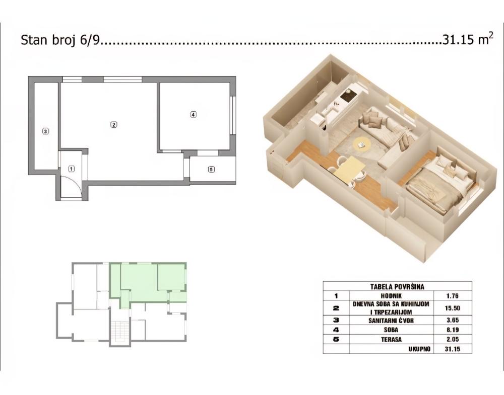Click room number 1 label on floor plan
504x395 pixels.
pos(72,169)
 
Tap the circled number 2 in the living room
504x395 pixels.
pos(113,125)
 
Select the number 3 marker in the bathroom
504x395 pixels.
pos(46,131)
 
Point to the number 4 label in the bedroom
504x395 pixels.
pos(193,114)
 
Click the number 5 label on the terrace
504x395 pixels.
pos(211,169)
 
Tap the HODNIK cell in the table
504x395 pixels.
pos(392,296)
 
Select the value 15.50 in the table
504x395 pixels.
pos(453,308)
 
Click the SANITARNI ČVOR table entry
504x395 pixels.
pos(391,320)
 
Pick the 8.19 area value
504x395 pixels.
pos(453,330)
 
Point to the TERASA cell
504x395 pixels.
pos(391,340)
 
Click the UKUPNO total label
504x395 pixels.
pos(419,349)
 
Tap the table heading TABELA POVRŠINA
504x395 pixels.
pos(397,287)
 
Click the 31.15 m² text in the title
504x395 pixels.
pos(468,39)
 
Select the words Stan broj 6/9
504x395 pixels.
pos(61,40)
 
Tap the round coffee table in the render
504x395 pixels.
pos(362,144)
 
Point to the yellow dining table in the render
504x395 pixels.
pos(349,169)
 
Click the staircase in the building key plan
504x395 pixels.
pos(119,330)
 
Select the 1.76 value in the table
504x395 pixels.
pos(453,296)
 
